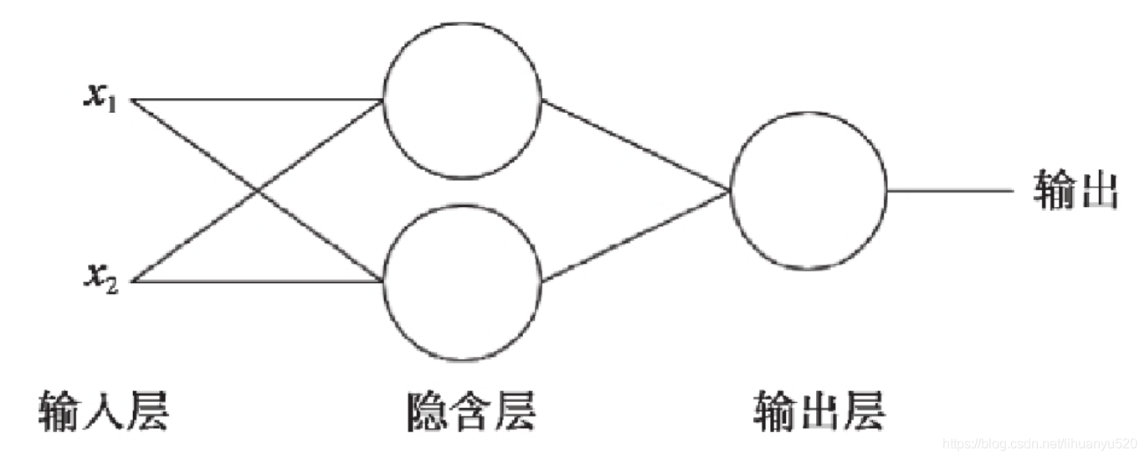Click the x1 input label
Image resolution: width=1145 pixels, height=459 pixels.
(100, 98)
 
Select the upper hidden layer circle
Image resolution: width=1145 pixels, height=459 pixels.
(462, 100)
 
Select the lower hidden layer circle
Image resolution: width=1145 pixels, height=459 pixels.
(462, 281)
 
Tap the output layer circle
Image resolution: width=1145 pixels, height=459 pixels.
(808, 190)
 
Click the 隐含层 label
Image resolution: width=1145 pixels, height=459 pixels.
(470, 410)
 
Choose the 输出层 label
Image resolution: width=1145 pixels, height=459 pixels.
(818, 410)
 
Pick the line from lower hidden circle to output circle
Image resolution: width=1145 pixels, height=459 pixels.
(636, 236)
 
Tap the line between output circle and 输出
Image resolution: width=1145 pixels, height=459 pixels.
(950, 190)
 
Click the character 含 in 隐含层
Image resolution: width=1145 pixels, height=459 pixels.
(470, 410)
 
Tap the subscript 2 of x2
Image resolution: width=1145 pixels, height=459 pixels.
(112, 286)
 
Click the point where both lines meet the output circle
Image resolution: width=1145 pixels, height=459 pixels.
(730, 190)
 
